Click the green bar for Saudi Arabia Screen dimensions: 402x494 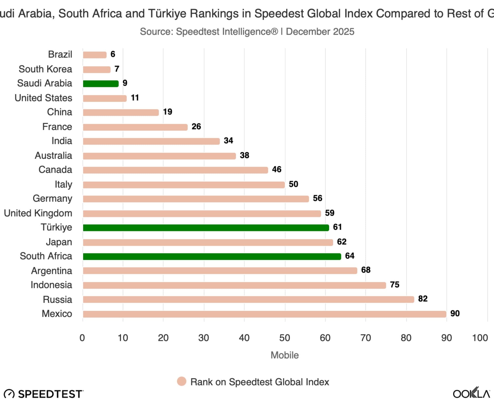[101, 84]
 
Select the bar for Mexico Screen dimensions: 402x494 [264, 314]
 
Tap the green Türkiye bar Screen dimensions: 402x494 [206, 228]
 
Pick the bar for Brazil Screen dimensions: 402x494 [94, 55]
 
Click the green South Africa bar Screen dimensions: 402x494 [212, 256]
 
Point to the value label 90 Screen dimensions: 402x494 [455, 313]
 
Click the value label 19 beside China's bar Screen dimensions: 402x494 [167, 112]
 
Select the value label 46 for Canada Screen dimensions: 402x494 [277, 169]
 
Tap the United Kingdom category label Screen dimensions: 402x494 [38, 213]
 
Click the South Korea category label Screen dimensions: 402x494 [45, 69]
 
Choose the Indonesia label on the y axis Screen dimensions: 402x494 [51, 285]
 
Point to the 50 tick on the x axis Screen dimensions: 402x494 [285, 338]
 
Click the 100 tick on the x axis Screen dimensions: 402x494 [480, 338]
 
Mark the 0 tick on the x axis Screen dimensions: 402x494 [82, 338]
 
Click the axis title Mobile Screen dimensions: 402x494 [285, 355]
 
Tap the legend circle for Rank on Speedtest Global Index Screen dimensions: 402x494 [182, 382]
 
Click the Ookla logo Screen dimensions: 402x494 [471, 394]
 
